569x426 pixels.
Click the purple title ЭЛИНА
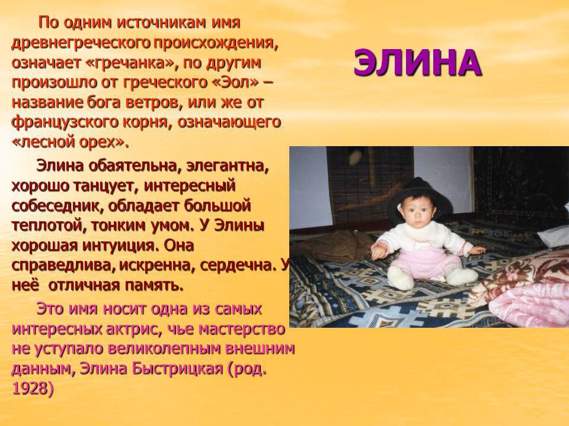tap(417, 63)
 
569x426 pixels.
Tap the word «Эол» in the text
tap(235, 83)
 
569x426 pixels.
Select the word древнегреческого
tap(81, 43)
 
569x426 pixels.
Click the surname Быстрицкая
tap(177, 369)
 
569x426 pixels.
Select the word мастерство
tap(241, 329)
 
